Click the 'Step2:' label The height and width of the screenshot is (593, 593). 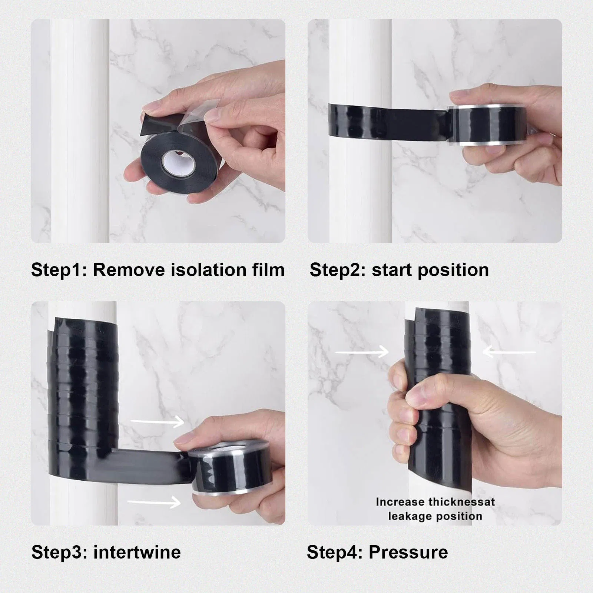(x=338, y=270)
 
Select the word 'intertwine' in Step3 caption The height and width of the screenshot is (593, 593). (x=137, y=552)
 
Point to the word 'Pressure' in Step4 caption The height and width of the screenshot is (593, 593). (x=408, y=552)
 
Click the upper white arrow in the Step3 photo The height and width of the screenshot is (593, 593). (x=158, y=421)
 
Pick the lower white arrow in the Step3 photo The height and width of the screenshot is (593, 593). (x=155, y=502)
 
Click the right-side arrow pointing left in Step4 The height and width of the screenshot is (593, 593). (x=509, y=352)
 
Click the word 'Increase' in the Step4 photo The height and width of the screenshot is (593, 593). (x=400, y=502)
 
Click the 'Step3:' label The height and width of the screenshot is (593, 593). (x=59, y=552)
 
